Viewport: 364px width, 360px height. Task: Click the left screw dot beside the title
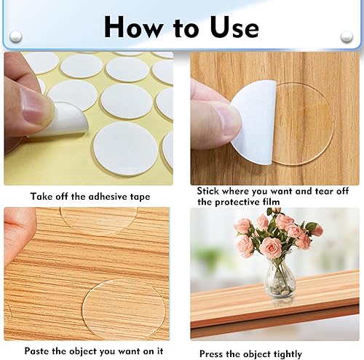[15, 36]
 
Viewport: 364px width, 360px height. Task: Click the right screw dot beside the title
[347, 36]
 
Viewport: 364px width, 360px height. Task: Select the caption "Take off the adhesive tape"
[90, 196]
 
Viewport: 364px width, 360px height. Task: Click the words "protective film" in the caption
[252, 202]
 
